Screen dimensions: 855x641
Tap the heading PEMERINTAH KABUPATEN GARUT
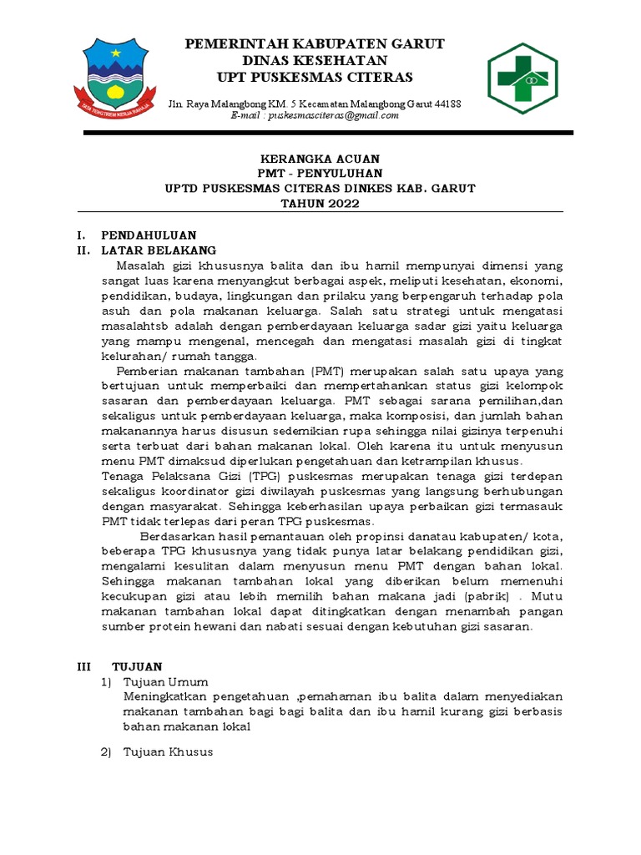click(x=314, y=43)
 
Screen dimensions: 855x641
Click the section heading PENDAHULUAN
click(x=149, y=236)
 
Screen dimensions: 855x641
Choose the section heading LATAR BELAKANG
click(x=159, y=250)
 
